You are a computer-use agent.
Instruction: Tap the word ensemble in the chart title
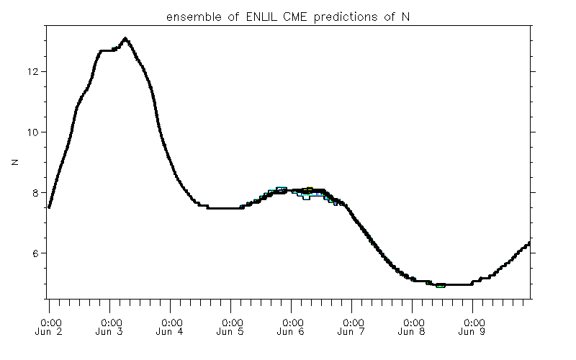click(189, 17)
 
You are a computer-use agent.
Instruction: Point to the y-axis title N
click(14, 163)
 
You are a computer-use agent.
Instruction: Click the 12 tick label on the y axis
click(33, 72)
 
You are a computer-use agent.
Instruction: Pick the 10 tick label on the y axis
click(33, 132)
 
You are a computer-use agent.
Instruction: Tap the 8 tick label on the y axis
click(36, 193)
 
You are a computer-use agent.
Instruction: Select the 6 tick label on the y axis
click(36, 253)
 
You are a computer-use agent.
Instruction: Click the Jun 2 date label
click(50, 332)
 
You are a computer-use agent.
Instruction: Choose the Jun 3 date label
click(110, 332)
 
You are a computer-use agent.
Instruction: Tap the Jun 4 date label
click(171, 332)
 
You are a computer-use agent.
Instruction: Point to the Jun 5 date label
click(231, 332)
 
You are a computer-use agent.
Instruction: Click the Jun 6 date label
click(292, 332)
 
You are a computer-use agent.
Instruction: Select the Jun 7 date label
click(352, 332)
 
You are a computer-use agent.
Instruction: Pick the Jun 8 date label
click(413, 332)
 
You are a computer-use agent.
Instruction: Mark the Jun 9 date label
click(473, 332)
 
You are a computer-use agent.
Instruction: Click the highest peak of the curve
click(125, 39)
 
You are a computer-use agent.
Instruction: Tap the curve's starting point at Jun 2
click(49, 207)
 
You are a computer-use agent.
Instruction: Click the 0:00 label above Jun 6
click(292, 322)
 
